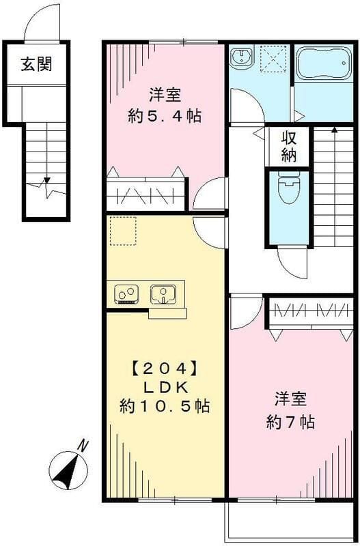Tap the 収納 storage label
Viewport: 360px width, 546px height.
pos(288,147)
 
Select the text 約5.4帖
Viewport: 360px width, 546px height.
pos(165,116)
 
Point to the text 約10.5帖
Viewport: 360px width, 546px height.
pos(164,407)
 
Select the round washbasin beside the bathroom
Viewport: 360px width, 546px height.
pos(240,59)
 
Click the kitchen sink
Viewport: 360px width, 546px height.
pos(164,294)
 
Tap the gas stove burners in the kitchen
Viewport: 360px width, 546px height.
pos(126,294)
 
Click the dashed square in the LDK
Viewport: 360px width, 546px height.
pos(123,231)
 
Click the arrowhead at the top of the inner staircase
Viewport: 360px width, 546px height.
pos(334,129)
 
